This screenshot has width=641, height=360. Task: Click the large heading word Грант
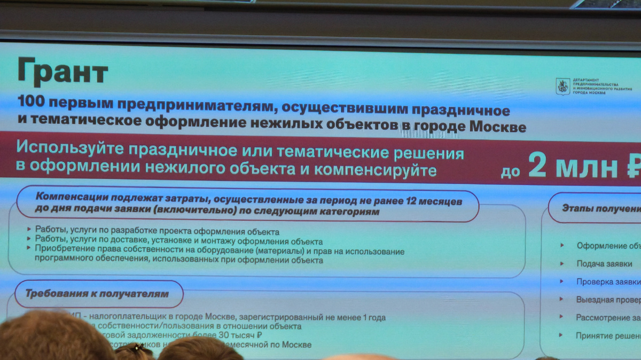62,71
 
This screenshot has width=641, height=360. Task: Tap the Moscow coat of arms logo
562,86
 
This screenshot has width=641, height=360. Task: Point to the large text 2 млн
574,168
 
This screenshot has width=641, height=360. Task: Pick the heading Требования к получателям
97,293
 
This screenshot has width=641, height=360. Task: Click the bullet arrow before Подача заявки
561,263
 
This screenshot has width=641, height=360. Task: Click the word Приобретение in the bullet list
64,251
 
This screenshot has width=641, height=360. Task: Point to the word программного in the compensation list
63,260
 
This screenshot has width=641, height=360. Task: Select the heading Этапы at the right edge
578,208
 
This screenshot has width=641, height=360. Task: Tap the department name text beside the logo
601,86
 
